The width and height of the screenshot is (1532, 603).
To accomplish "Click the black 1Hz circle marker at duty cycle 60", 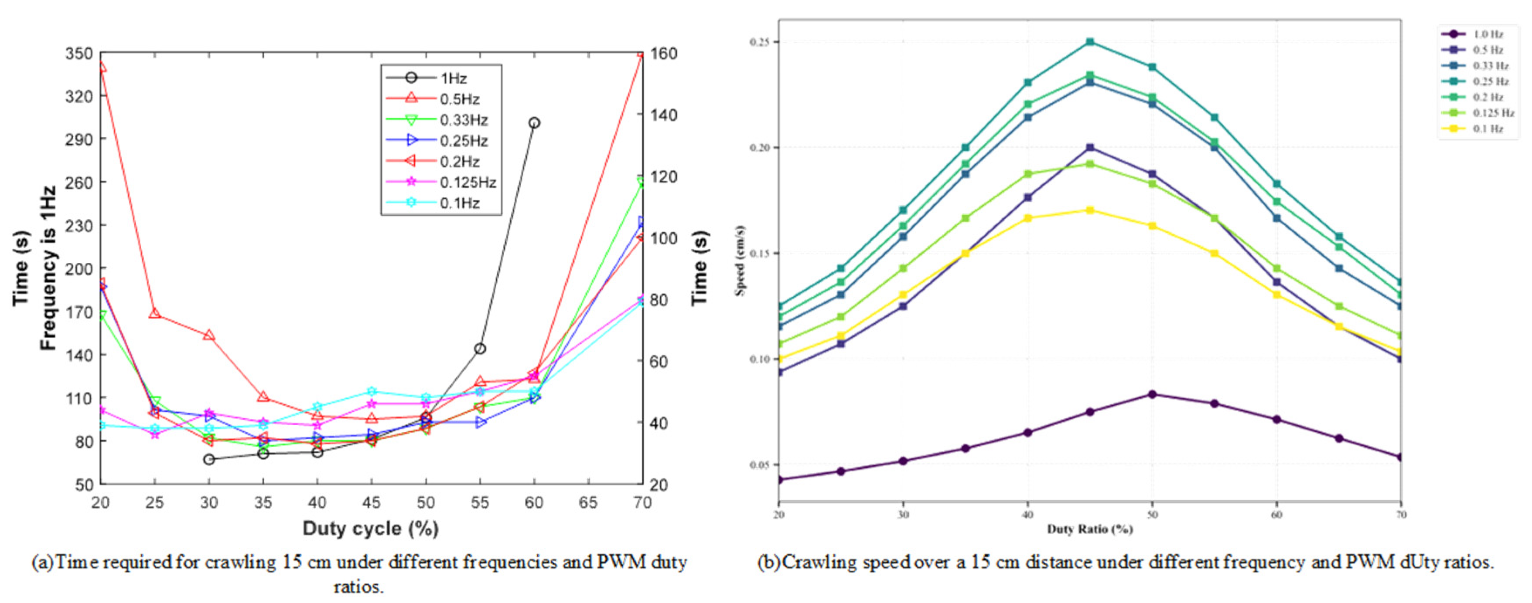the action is tap(534, 123).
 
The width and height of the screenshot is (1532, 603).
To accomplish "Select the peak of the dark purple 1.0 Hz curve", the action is tap(1152, 394).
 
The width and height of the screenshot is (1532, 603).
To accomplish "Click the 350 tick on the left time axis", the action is tap(78, 54).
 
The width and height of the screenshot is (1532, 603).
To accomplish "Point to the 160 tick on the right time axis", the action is tap(663, 54).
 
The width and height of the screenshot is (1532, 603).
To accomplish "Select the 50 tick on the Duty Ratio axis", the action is tap(1152, 515).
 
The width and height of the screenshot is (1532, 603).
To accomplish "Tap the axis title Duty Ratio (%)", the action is tap(1089, 529).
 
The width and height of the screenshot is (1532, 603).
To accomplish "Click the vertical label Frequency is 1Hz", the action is tap(48, 268).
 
